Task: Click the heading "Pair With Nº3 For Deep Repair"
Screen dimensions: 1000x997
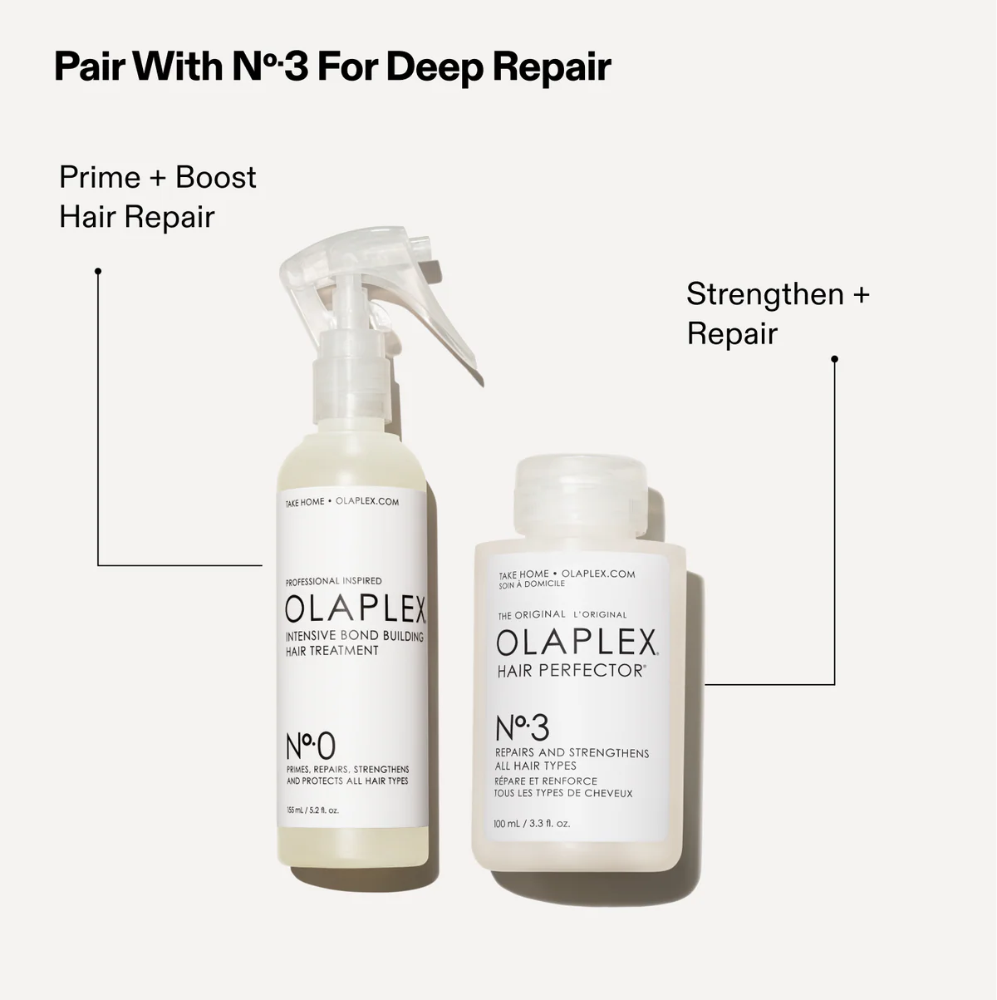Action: point(332,67)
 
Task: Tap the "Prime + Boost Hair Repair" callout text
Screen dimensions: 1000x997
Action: point(158,197)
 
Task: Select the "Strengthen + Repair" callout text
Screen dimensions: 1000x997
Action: point(777,313)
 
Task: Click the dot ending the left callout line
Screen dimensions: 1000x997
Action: point(98,271)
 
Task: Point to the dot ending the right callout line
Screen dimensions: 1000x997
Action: point(835,359)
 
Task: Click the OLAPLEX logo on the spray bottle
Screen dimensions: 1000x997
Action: point(355,609)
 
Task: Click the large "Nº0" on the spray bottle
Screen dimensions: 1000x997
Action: point(311,745)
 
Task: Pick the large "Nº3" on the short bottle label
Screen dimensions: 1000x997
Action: point(522,728)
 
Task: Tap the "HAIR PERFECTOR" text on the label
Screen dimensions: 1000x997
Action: point(571,671)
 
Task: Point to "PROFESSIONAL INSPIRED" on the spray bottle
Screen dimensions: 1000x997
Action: point(333,581)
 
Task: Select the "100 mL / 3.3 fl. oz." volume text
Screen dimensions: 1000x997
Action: point(532,825)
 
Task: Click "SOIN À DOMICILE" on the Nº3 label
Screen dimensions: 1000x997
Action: point(532,584)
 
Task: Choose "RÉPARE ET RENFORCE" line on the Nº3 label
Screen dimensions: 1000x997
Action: point(546,781)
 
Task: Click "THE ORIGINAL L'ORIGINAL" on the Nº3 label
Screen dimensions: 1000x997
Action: point(562,615)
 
